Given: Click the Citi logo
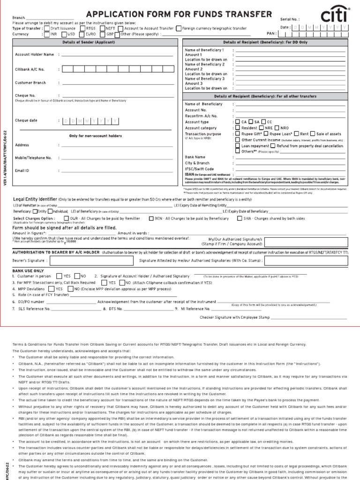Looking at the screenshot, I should pyautogui.click(x=337, y=18).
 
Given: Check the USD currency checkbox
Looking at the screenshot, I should pyautogui.click(x=65, y=34).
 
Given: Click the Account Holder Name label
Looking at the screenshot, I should pyautogui.click(x=35, y=54).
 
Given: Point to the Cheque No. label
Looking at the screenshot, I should pyautogui.click(x=25, y=95).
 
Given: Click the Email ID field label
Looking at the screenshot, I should pyautogui.click(x=22, y=171).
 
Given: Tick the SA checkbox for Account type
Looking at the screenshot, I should pyautogui.click(x=251, y=122).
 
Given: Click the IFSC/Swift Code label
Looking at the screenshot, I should pyautogui.click(x=199, y=169).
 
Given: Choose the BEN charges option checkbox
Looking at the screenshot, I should pyautogui.click(x=151, y=218).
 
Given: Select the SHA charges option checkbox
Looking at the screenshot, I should pyautogui.click(x=240, y=218).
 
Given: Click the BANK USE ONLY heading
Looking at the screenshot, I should pyautogui.click(x=28, y=270).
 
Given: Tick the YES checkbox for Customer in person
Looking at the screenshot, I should pyautogui.click(x=59, y=277).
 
